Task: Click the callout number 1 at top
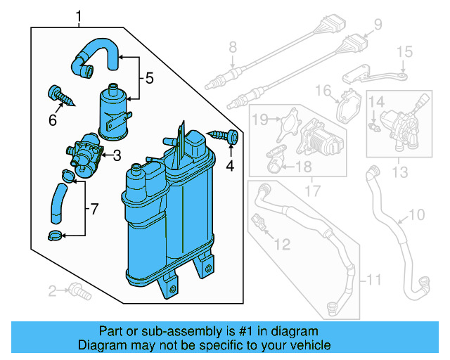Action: pos(79,15)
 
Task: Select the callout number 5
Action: pos(149,79)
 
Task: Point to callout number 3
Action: pos(117,155)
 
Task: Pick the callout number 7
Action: pos(96,209)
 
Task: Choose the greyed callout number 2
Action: pos(52,291)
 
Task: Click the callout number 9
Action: pos(378,25)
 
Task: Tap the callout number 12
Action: pos(282,244)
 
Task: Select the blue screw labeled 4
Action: pos(225,136)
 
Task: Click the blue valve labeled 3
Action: pos(84,154)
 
